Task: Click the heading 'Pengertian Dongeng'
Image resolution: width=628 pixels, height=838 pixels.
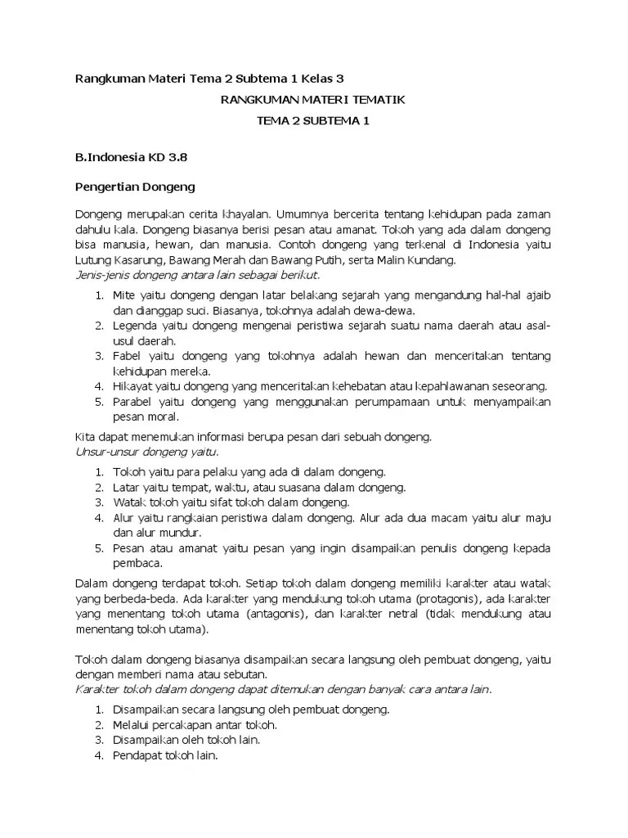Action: pyautogui.click(x=135, y=187)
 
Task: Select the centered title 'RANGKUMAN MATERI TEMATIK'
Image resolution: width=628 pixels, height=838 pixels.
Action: pyautogui.click(x=313, y=100)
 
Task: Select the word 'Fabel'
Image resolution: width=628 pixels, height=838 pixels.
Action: pyautogui.click(x=128, y=356)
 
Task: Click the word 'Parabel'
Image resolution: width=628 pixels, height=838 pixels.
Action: pyautogui.click(x=133, y=401)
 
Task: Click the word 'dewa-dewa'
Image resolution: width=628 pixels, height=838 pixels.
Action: pyautogui.click(x=390, y=311)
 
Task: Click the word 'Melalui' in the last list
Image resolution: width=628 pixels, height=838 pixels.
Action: pyautogui.click(x=132, y=724)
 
